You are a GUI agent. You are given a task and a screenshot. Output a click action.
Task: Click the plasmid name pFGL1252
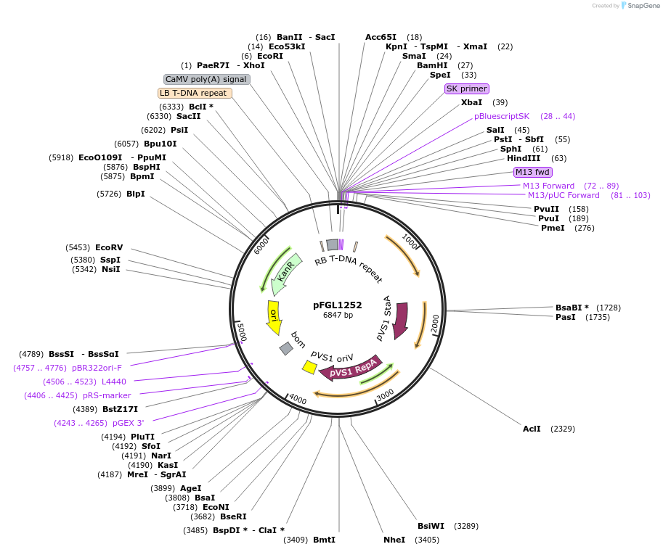[x=338, y=305]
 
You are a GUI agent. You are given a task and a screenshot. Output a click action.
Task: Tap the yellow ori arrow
[x=274, y=317]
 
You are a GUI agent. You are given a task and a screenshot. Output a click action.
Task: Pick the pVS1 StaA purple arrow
[x=400, y=320]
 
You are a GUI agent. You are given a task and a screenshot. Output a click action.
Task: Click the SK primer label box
[x=466, y=88]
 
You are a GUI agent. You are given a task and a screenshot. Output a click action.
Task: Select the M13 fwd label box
[x=533, y=172]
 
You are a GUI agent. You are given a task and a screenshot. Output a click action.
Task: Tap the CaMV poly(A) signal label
[x=207, y=79]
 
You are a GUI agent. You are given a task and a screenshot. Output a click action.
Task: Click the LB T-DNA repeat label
[x=195, y=93]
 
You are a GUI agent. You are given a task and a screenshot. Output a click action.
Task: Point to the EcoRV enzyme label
[x=109, y=247]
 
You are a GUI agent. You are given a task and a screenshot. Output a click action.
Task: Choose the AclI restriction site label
[x=532, y=429]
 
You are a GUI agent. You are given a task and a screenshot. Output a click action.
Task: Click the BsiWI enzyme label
[x=431, y=526]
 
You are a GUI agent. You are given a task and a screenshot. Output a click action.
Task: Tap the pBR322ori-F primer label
[x=97, y=368]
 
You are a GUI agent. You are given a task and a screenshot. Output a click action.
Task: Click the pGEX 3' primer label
[x=128, y=423]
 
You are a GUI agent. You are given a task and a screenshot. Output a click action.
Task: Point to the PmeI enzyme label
[x=553, y=228]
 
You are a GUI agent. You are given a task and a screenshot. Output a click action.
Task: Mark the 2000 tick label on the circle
[x=434, y=323]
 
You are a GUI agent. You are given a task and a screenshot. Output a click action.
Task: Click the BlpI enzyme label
[x=136, y=194]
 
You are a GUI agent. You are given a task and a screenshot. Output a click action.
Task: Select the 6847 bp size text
[x=338, y=316]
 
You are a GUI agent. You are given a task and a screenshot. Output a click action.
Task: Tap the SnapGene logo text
[x=642, y=6]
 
